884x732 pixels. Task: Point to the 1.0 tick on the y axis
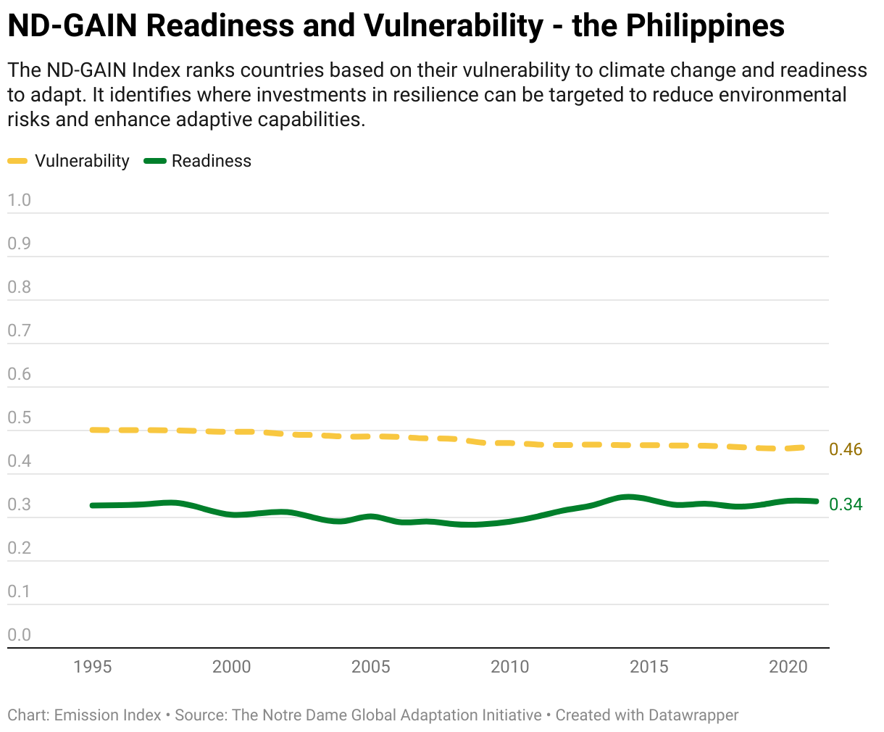20,200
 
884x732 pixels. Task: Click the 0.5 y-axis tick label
20,417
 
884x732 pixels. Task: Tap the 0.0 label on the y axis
20,635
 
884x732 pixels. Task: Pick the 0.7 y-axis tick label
20,330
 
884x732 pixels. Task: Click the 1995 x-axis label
93,667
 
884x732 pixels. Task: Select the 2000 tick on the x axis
232,667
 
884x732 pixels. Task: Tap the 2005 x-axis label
371,667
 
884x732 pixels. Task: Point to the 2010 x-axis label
510,667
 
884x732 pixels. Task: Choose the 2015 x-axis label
649,667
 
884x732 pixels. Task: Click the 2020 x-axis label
788,667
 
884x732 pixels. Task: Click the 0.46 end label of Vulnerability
846,449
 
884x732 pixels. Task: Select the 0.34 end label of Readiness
846,504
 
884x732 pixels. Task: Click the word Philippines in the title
705,27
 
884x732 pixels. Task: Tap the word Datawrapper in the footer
693,715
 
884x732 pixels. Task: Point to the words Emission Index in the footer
107,715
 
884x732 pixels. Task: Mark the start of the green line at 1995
93,505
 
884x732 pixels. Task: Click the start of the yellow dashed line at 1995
93,430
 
